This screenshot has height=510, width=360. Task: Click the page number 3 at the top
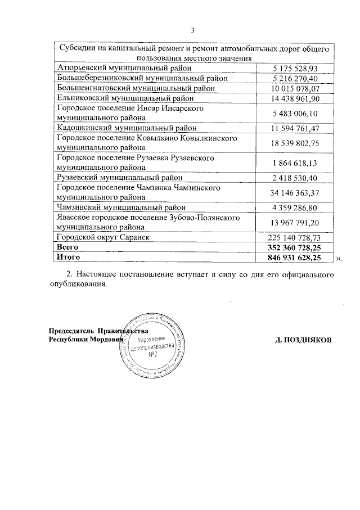click(192, 30)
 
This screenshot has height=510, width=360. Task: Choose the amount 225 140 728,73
click(293, 237)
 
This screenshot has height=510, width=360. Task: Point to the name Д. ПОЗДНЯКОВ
click(304, 340)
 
